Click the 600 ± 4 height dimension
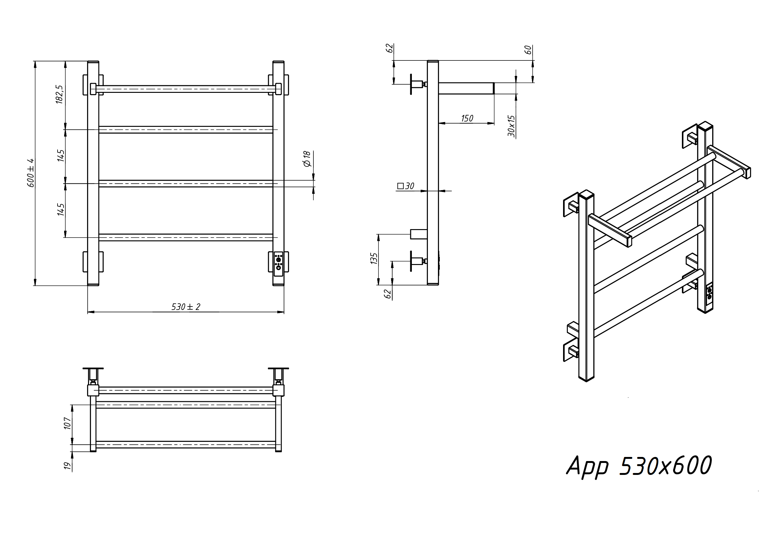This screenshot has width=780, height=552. click(x=30, y=173)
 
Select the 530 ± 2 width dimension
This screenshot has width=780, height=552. click(x=186, y=307)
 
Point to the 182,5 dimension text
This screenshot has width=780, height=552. click(x=59, y=94)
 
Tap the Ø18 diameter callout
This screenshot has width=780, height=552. click(x=307, y=159)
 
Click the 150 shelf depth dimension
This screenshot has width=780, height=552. click(x=467, y=118)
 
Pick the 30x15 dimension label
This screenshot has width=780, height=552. click(x=511, y=126)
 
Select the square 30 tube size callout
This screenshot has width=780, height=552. click(x=406, y=186)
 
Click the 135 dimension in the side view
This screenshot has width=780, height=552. click(x=374, y=258)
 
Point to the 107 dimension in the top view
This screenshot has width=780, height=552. click(x=68, y=423)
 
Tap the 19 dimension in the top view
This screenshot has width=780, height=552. click(x=68, y=465)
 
